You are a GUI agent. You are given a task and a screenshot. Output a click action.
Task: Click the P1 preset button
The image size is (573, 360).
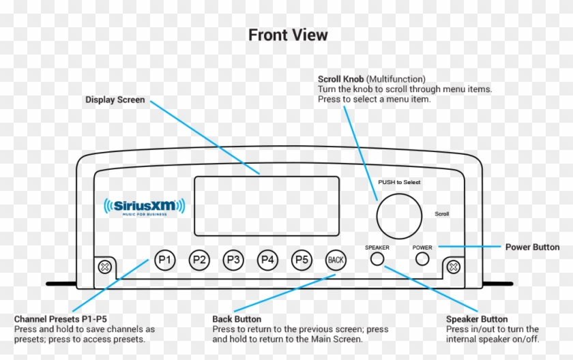[x=165, y=260]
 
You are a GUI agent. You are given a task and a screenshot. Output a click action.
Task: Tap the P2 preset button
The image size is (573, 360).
[x=199, y=260]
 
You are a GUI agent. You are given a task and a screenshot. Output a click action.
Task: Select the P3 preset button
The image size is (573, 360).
[x=233, y=260]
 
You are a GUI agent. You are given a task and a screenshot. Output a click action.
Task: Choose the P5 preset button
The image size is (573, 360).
[x=302, y=260]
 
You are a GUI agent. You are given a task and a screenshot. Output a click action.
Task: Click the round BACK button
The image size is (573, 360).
[x=336, y=260]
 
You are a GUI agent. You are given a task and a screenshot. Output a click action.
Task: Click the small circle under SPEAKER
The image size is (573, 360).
[x=377, y=259]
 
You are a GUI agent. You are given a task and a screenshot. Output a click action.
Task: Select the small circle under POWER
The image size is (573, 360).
[x=422, y=259]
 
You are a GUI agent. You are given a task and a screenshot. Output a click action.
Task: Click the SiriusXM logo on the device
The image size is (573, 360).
[x=144, y=206]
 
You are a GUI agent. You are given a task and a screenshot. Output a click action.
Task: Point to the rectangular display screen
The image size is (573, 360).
[x=266, y=205]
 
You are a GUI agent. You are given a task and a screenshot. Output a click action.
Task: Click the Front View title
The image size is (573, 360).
[x=287, y=35]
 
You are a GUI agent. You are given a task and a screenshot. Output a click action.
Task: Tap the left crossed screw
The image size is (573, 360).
[x=105, y=266]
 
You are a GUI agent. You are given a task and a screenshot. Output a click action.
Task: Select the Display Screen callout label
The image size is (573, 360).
[x=115, y=100]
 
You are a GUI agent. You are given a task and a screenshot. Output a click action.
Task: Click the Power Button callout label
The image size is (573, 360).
[x=532, y=247]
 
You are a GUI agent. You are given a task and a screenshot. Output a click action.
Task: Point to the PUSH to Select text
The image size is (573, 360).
[x=400, y=182]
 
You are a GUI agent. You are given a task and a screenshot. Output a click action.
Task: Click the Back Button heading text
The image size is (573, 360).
[x=237, y=319]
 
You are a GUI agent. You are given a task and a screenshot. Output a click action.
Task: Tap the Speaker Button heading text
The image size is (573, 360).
[x=477, y=319]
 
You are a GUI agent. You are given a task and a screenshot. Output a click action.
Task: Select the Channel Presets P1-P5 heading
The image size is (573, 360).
[x=61, y=319]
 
